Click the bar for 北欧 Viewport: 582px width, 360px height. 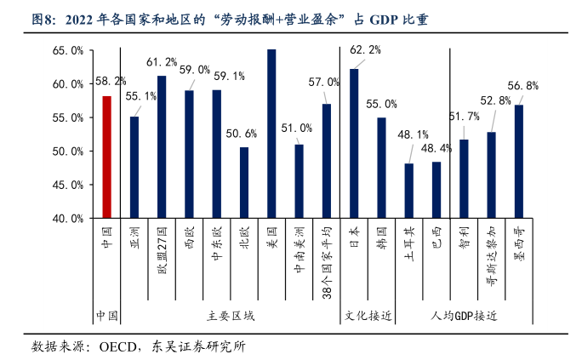click(x=244, y=182)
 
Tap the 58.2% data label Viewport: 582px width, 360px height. click(x=111, y=81)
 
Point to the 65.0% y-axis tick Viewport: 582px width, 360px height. click(x=67, y=51)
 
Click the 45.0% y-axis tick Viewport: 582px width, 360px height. click(x=67, y=185)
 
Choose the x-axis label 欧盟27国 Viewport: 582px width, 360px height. click(x=162, y=253)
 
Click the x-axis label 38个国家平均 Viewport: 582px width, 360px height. click(x=327, y=264)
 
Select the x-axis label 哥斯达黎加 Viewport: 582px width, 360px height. click(x=491, y=260)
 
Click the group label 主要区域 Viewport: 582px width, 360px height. click(x=231, y=316)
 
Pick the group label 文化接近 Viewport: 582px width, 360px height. click(x=368, y=316)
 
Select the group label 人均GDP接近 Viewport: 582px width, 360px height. click(x=464, y=316)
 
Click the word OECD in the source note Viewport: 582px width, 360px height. click(x=119, y=346)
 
